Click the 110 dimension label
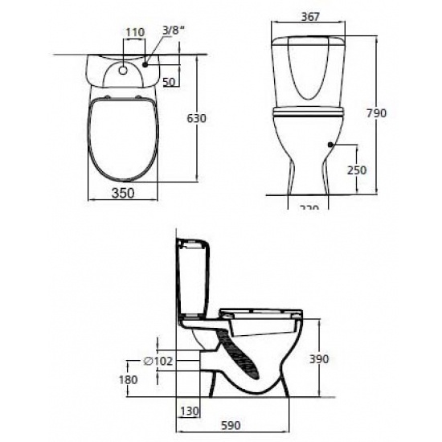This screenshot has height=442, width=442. (x=135, y=32)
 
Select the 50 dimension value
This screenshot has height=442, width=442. (x=170, y=82)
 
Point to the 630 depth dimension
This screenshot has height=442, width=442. (x=197, y=118)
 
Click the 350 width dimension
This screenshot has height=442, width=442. (x=123, y=194)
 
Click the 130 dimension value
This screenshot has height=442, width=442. (x=189, y=411)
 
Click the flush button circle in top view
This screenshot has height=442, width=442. (x=123, y=69)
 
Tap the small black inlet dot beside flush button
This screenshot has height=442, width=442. (x=145, y=63)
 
